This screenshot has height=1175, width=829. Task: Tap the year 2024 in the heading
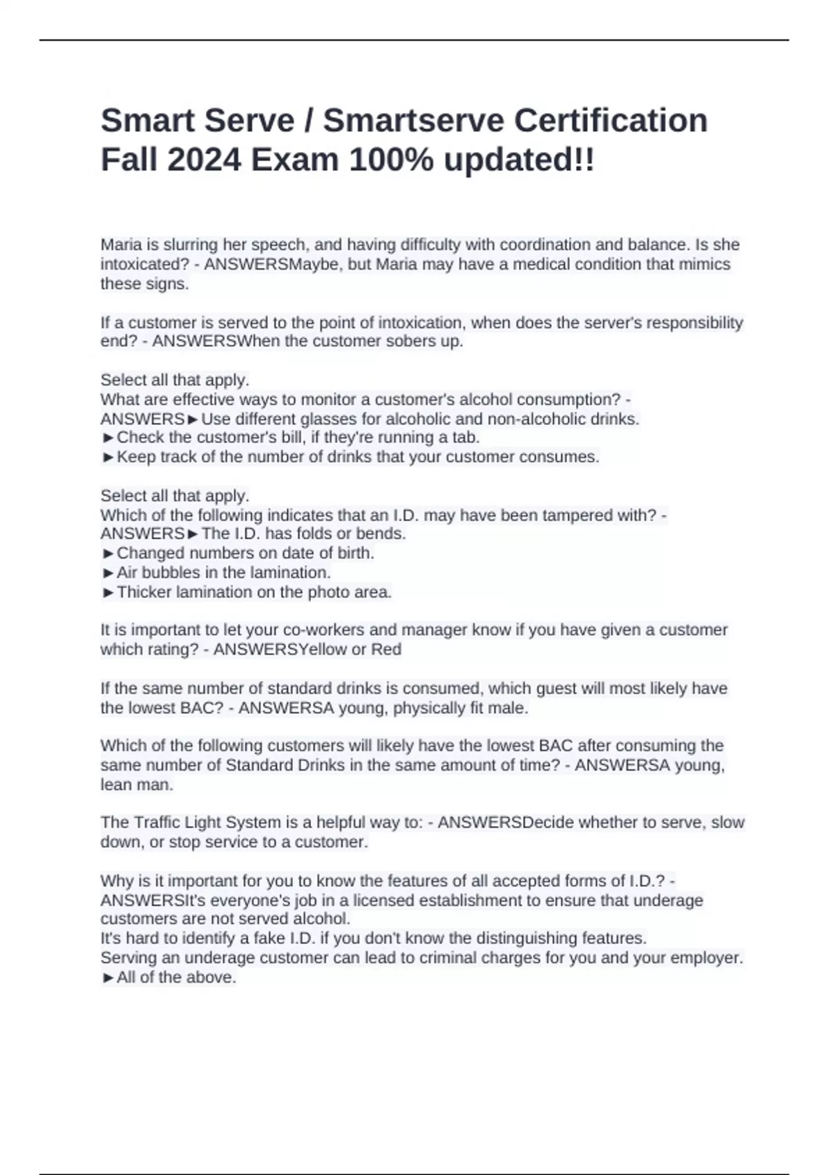pyautogui.click(x=204, y=160)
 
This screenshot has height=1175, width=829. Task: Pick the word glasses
pyautogui.click(x=352, y=419)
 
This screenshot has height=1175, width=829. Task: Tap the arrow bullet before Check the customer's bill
pyautogui.click(x=108, y=438)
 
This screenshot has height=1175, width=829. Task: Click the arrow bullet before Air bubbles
pyautogui.click(x=108, y=573)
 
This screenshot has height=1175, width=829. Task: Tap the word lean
pyautogui.click(x=114, y=785)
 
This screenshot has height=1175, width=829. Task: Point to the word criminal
pyautogui.click(x=448, y=958)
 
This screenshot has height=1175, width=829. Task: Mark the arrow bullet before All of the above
pyautogui.click(x=108, y=978)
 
